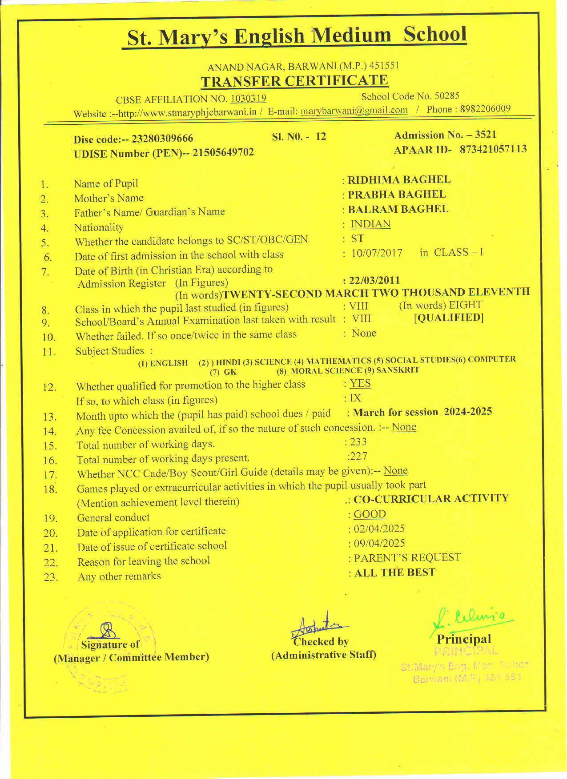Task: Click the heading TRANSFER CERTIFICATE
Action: tap(294, 81)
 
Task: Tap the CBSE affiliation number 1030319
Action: tap(248, 99)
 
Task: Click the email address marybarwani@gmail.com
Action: tap(354, 110)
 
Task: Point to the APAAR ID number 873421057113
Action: tap(493, 149)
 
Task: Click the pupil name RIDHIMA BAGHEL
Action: tap(399, 180)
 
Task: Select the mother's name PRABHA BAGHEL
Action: tap(397, 195)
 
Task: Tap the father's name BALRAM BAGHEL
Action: tap(398, 209)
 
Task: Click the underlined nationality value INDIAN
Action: tap(370, 224)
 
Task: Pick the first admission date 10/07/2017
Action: tap(377, 253)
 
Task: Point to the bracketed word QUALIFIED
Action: tap(449, 318)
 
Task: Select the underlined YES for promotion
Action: tap(360, 383)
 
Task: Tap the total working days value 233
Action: tap(358, 442)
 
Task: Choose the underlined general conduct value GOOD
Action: tap(370, 514)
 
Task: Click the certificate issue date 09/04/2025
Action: tap(379, 544)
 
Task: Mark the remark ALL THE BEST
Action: tap(394, 573)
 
